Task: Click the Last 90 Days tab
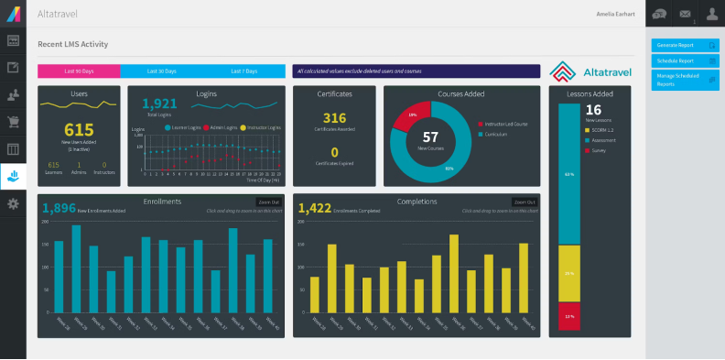pos(79,71)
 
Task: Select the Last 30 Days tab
pos(162,71)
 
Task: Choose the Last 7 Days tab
pos(243,71)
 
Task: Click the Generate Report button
pos(684,45)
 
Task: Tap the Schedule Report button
pos(684,60)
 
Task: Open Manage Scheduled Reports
pos(684,80)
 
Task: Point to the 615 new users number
pos(79,130)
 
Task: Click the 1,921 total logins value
pos(159,104)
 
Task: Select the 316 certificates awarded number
pos(334,118)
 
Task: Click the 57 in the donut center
pos(430,137)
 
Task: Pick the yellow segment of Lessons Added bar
pos(568,273)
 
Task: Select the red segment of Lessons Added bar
pos(568,315)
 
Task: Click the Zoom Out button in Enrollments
pos(268,202)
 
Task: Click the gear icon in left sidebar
pos(13,203)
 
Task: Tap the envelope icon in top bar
pos(684,13)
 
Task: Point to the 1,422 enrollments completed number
pos(315,209)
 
